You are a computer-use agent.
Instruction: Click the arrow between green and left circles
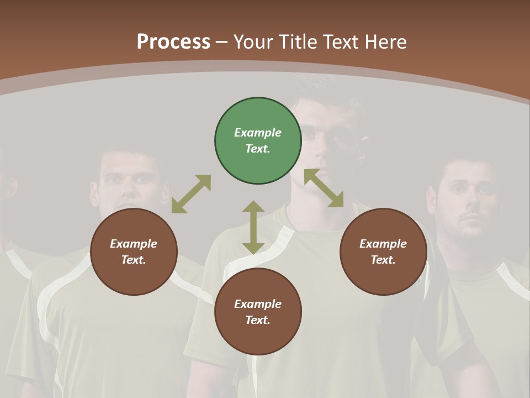point(191,194)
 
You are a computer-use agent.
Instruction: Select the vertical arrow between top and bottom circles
point(253,227)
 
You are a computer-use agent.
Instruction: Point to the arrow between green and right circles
point(324,188)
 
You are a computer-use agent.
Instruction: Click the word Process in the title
point(173,41)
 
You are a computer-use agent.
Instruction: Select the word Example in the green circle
point(258,133)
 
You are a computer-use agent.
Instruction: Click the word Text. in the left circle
point(134,260)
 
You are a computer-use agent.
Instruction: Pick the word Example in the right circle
point(383,244)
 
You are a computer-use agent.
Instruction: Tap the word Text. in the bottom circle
point(258,320)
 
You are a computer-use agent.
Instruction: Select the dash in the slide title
point(222,42)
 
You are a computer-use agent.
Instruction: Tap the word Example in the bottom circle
point(258,304)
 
